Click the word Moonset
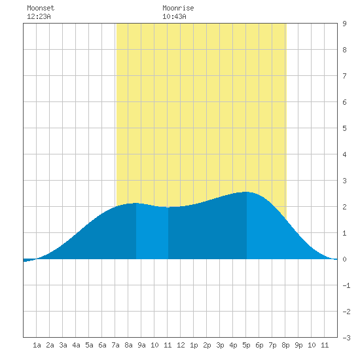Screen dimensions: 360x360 click(x=41, y=8)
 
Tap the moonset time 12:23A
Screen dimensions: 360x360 click(x=39, y=16)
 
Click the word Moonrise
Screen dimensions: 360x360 click(x=178, y=8)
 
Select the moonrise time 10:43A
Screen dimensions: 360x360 click(x=174, y=16)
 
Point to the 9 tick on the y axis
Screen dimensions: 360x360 click(x=344, y=24)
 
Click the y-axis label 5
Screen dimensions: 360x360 click(x=344, y=128)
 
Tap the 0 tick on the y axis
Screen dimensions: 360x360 click(x=344, y=259)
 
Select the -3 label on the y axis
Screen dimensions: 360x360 click(x=346, y=338)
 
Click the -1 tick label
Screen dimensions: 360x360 click(x=346, y=285)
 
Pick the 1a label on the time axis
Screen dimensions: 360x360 click(x=37, y=345)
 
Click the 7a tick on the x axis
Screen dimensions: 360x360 click(x=115, y=345)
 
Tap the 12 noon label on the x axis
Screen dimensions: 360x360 click(x=181, y=345)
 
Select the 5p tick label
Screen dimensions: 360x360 click(x=246, y=345)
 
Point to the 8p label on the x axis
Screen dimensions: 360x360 click(x=285, y=345)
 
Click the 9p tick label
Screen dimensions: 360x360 click(x=298, y=345)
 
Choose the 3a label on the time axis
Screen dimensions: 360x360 click(x=63, y=345)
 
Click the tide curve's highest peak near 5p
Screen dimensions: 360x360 click(x=246, y=192)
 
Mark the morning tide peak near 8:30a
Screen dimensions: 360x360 click(x=135, y=203)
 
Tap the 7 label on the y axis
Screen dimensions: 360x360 click(x=344, y=76)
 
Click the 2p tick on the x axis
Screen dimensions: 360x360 click(x=207, y=345)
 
